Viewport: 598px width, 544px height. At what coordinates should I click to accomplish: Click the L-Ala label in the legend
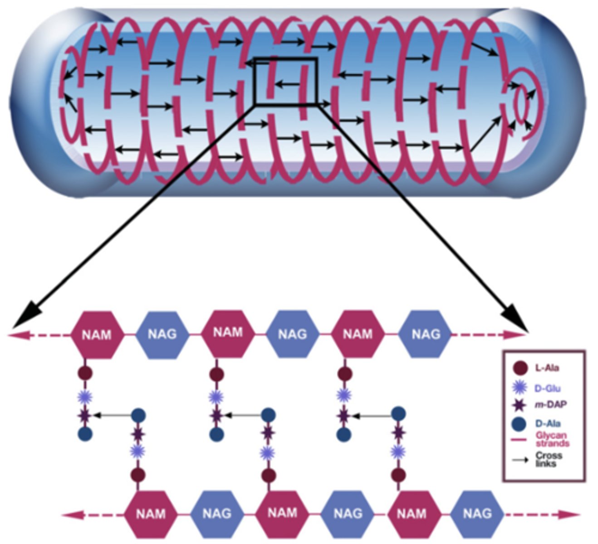[x=546, y=368]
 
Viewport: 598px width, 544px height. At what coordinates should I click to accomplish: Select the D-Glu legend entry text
[x=547, y=388]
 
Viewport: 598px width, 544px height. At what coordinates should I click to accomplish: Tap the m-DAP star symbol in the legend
[x=519, y=405]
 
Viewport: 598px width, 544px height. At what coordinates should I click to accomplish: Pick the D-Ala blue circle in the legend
[x=519, y=424]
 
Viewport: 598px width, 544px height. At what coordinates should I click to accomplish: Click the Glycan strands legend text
[x=552, y=439]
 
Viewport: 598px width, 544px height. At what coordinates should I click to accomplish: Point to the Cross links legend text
[x=549, y=459]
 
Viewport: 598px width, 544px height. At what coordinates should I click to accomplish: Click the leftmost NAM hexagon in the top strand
[x=97, y=335]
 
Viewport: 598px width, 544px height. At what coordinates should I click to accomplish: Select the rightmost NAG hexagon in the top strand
[x=426, y=335]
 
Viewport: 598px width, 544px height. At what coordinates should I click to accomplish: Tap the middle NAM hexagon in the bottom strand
[x=282, y=513]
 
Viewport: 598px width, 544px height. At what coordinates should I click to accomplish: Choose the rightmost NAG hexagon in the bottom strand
[x=477, y=513]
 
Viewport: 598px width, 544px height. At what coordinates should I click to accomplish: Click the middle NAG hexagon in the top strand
[x=292, y=335]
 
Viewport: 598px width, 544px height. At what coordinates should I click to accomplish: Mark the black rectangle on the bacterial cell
[x=285, y=81]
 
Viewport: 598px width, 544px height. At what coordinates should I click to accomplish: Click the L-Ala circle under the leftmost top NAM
[x=85, y=374]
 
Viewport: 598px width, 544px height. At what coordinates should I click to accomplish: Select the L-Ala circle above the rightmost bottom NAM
[x=398, y=475]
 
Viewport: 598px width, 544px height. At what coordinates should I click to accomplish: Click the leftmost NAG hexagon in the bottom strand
[x=216, y=513]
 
